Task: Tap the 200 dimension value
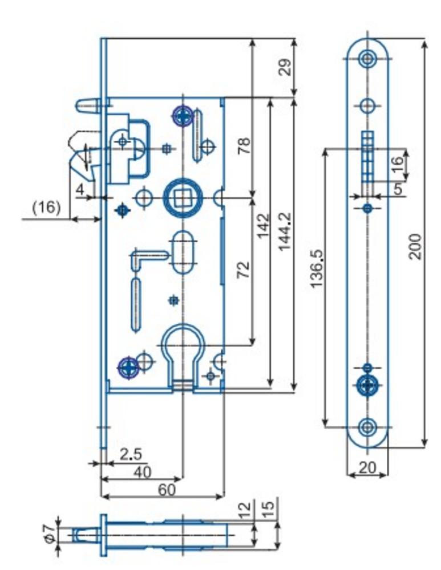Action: [416, 246]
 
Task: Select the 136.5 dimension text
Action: [318, 268]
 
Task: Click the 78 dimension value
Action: [244, 146]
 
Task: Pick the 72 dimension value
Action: [244, 269]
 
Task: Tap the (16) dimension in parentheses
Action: [46, 207]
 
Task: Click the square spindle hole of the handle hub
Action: [182, 198]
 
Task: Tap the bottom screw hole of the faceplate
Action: [368, 426]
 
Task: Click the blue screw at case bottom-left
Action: [128, 367]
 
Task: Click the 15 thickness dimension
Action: [269, 504]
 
